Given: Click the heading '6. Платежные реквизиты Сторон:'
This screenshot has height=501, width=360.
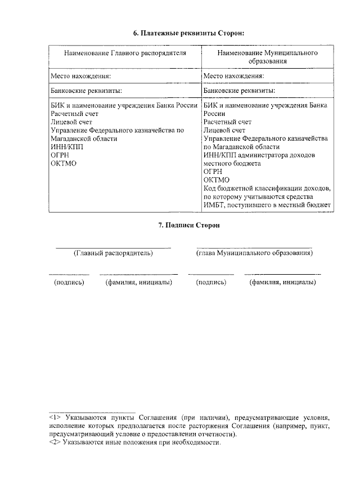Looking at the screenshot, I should [x=181, y=34].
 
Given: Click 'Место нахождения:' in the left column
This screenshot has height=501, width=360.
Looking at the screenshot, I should [x=80, y=76].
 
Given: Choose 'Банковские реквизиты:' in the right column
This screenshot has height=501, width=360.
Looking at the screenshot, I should [x=239, y=90].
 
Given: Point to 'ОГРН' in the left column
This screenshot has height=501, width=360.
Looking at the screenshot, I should [x=60, y=155].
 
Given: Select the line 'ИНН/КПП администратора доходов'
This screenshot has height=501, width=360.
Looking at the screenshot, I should [x=259, y=155].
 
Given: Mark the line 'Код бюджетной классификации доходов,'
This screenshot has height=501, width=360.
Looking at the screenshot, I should [x=267, y=188].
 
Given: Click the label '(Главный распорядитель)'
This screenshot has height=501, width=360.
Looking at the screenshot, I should [x=113, y=253].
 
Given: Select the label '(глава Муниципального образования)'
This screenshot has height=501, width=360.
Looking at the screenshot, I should [x=254, y=253].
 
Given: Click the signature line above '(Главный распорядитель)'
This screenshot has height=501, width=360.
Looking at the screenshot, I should [x=113, y=248].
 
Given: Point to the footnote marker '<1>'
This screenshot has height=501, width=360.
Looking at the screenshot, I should [x=55, y=418].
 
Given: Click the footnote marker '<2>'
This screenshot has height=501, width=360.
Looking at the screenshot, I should [x=55, y=442].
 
